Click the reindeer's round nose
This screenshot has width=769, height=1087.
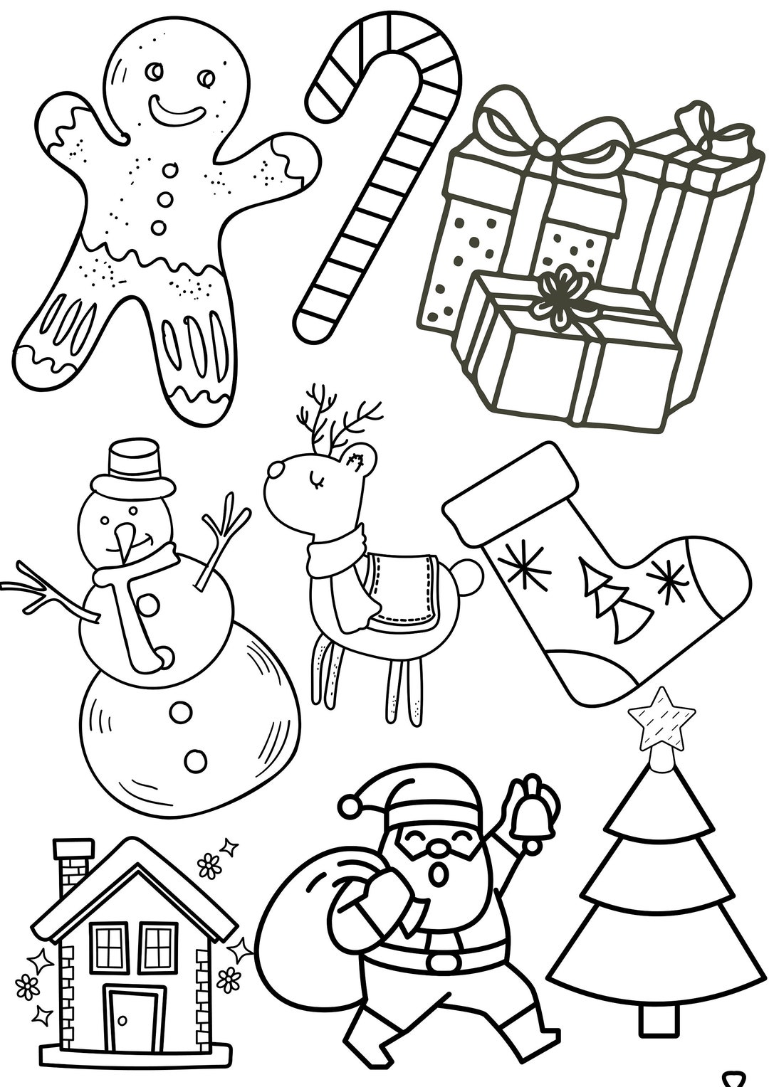[274, 470]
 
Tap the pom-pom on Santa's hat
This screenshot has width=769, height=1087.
[350, 806]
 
